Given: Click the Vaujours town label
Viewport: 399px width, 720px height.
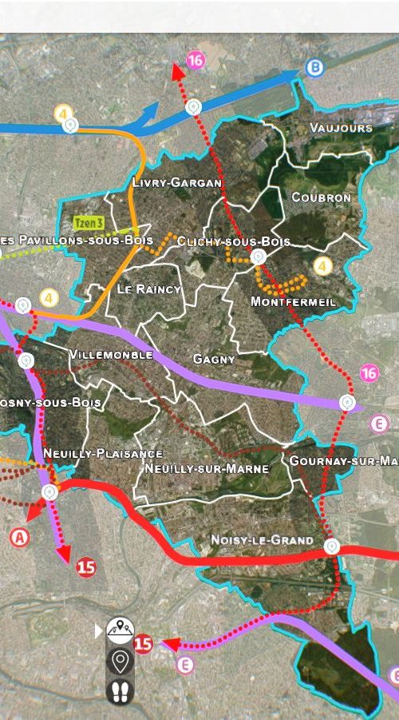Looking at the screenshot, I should tap(341, 128).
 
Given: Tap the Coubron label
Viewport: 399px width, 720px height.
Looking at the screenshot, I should tap(321, 197).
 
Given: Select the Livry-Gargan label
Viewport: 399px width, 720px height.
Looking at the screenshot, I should tap(176, 183).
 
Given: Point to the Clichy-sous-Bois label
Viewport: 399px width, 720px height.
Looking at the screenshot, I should tap(234, 241).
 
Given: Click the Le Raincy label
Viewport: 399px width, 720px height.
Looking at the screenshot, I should tap(149, 288).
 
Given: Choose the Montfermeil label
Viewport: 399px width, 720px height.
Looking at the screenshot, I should tap(293, 302).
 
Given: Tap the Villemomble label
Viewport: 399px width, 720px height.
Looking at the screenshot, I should tap(111, 354).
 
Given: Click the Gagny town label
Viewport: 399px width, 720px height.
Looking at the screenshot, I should tap(214, 360).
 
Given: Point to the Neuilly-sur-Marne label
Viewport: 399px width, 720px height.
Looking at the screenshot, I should tap(207, 468).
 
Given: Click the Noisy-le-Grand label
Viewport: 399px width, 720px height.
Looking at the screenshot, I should tap(262, 540).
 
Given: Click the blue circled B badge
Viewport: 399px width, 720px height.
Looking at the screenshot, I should tap(314, 68).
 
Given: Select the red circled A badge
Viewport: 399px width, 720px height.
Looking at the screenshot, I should tap(20, 538).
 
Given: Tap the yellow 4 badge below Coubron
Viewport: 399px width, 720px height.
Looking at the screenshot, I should tap(322, 266).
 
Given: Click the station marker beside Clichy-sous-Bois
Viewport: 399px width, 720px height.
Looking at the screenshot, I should tap(258, 257).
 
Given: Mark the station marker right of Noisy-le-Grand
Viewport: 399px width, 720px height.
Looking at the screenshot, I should tap(331, 547).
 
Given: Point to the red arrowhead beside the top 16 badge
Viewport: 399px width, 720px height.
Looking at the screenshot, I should tap(177, 70).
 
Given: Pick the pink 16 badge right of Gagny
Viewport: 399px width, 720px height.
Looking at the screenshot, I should tap(369, 373).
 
